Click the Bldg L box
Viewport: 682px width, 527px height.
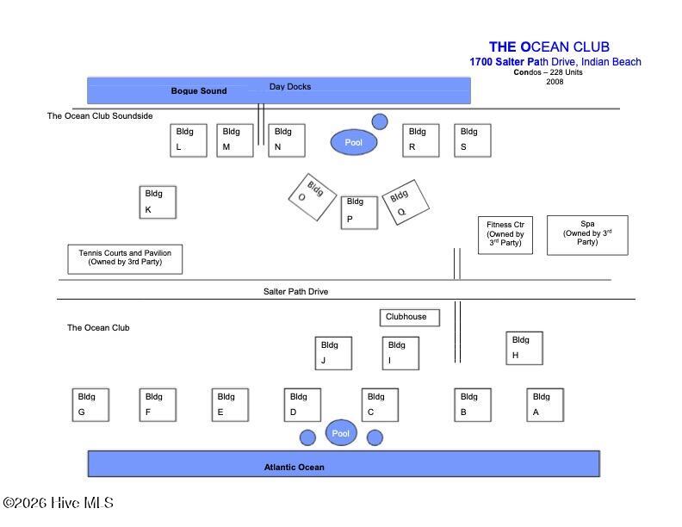point(189,140)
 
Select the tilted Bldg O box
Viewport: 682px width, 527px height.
point(313,197)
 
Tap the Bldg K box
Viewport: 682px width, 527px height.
point(158,202)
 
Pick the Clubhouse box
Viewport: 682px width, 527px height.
point(410,318)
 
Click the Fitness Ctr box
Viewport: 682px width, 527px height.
point(505,235)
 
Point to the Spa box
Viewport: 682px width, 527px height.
point(587,235)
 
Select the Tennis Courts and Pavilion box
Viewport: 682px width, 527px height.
point(125,259)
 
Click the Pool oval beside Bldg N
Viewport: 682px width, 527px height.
point(354,142)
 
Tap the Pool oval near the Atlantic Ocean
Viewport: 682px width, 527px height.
point(341,432)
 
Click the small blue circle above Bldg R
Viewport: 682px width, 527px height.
point(380,121)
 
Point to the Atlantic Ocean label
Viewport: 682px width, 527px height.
point(294,467)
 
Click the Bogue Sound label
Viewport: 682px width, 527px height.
point(199,91)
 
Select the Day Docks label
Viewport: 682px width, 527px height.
point(290,86)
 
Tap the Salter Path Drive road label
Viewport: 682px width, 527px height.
point(295,291)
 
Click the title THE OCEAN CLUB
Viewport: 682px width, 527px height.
point(549,46)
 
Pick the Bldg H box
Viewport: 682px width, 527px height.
point(524,348)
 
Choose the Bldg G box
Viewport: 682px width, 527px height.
point(90,405)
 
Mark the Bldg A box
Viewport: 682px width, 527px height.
point(545,405)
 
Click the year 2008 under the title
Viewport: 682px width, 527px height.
point(555,82)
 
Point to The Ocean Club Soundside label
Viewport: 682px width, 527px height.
point(100,115)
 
